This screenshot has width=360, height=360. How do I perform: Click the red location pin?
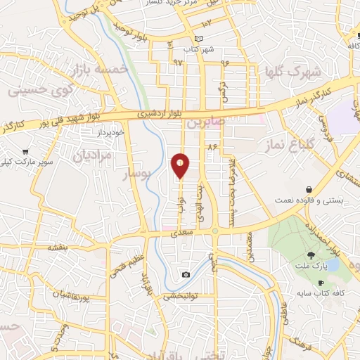(x=181, y=165)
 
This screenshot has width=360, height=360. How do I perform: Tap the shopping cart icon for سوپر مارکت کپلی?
(x=26, y=150)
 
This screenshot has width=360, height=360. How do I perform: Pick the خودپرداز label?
(x=110, y=132)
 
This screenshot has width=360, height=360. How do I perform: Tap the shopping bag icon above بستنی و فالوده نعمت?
(x=309, y=189)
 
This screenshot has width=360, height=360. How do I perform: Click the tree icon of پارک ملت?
(x=311, y=255)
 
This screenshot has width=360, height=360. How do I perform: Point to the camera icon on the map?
(x=186, y=274)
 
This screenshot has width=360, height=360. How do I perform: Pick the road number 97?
(x=176, y=63)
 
